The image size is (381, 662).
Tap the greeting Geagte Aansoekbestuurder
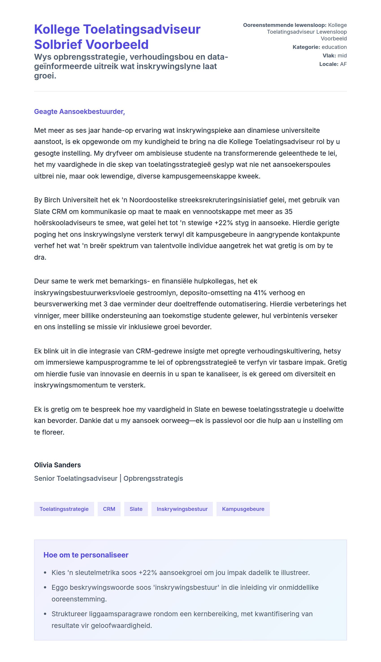point(79,111)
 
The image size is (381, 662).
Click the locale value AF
point(343,64)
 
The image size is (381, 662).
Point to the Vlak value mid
point(342,55)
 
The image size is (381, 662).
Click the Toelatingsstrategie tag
point(64,509)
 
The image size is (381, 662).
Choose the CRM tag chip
point(109,509)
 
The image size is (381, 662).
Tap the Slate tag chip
point(136,509)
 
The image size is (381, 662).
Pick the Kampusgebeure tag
point(243,509)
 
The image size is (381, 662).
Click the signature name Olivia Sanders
point(57,465)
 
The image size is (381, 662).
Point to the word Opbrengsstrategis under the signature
point(153,478)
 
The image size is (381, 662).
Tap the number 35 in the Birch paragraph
point(288,211)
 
